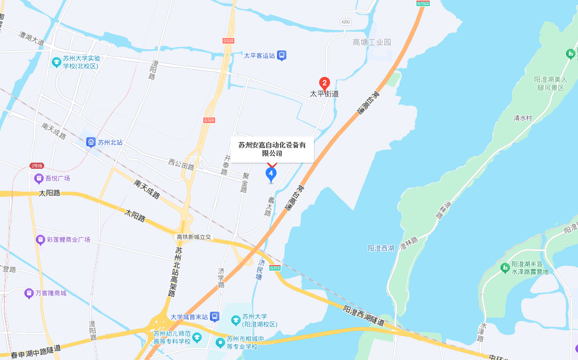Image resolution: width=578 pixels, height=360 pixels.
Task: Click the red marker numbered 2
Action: pos(324,83)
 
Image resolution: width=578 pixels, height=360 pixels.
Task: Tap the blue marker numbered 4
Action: pos(271,174)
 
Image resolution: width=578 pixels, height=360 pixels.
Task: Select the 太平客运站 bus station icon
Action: pos(281,55)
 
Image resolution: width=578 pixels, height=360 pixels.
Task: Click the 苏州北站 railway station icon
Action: pos(90,142)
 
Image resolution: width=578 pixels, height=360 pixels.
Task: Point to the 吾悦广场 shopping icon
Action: pos(38,178)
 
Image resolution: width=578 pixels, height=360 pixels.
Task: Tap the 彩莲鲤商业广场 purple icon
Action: pos(40,239)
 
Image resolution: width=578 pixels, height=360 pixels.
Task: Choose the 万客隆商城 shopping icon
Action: pos(29,293)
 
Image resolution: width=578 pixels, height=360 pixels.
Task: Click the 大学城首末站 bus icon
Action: pos(215,317)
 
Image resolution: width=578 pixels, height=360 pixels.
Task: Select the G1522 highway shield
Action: pos(423,3)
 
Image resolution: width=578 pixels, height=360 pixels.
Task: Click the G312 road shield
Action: pos(275,268)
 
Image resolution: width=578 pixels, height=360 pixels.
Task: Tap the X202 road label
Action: pos(346,22)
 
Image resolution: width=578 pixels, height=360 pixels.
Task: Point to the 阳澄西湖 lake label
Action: pos(381,248)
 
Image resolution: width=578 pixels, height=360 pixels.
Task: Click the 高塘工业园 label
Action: pos(372,42)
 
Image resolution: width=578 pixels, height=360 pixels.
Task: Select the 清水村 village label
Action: pos(523,118)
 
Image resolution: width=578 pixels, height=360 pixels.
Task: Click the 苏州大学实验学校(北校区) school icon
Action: pos(56,62)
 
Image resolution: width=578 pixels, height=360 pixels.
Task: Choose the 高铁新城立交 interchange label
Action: pos(194,237)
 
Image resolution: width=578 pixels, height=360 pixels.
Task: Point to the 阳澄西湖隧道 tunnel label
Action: pos(364,316)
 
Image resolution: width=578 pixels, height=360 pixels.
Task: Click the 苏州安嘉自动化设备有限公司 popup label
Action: pos(272,149)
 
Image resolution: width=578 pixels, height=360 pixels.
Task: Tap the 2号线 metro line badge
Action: pos(36,166)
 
